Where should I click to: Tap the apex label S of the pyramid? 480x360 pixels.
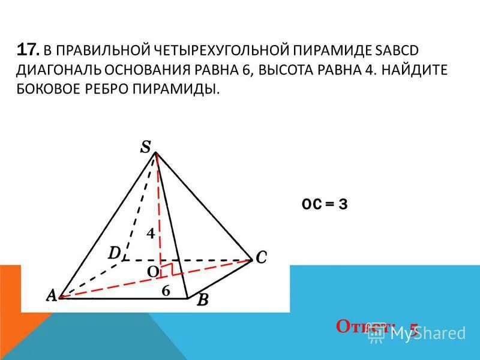146,147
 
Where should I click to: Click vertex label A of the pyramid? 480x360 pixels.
52,295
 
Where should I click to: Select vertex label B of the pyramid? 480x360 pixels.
202,300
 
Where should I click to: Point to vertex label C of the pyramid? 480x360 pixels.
261,257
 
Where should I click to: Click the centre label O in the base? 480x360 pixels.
153,272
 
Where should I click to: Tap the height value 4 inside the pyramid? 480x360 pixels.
151,234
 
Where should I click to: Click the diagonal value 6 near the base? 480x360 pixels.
166,290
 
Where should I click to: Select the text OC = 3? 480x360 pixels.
325,204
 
